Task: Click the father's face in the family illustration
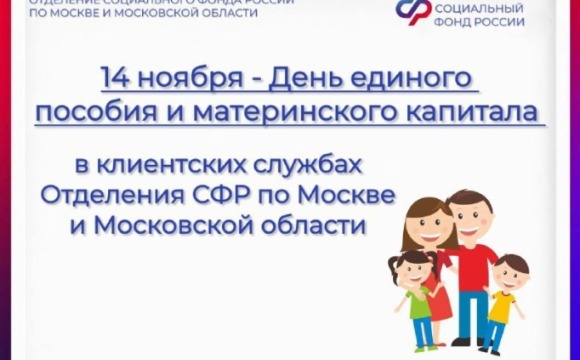(x=470, y=213)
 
